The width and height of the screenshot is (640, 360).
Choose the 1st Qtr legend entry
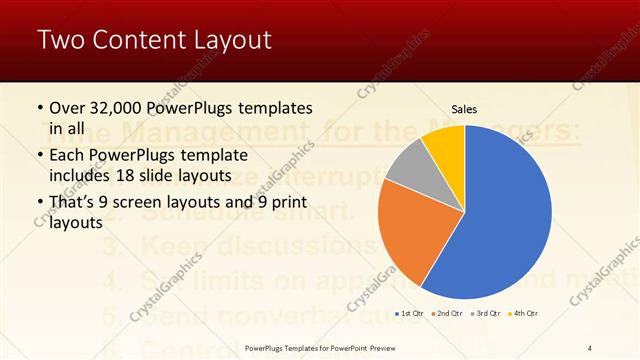410,315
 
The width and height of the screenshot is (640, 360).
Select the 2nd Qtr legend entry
448,315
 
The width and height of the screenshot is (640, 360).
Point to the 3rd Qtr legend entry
487,315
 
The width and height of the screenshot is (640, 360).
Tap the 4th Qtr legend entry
525,315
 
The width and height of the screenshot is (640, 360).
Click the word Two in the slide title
59,40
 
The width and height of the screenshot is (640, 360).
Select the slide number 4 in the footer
590,348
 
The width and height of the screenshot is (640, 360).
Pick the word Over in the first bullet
67,108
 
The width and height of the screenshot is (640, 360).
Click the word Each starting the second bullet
67,155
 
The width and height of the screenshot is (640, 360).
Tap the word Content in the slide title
135,40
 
